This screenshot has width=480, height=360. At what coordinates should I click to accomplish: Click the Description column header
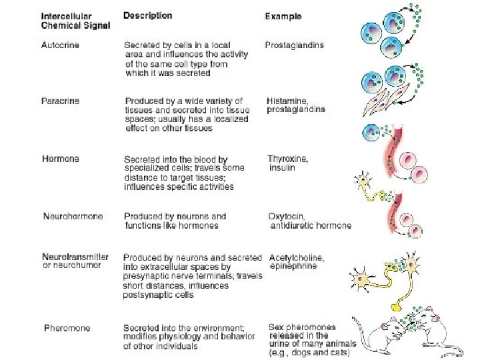point(148,15)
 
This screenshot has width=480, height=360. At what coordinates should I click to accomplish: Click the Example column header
point(283,16)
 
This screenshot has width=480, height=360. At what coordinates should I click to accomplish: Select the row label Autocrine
point(60,45)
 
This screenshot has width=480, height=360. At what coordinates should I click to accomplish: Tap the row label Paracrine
point(61,101)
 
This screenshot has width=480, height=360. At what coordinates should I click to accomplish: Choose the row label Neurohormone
point(73,217)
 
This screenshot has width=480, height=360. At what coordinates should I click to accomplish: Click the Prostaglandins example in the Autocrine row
point(294,45)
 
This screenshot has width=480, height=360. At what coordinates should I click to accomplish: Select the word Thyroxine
point(288,159)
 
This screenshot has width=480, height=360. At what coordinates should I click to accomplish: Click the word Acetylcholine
point(297,257)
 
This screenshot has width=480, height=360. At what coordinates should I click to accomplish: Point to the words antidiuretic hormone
point(311,225)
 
